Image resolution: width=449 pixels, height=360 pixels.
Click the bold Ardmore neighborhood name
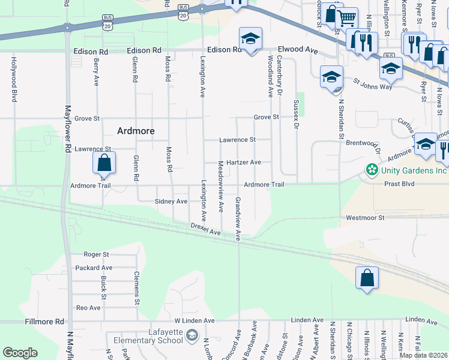click(x=136, y=131)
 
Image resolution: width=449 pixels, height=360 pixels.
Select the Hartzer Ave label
click(x=244, y=163)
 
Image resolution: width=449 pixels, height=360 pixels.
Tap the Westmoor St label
click(x=364, y=217)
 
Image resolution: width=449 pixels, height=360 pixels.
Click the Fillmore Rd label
click(x=44, y=322)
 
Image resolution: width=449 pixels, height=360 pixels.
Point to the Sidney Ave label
click(x=171, y=202)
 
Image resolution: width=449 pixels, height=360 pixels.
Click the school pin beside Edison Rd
click(x=250, y=40)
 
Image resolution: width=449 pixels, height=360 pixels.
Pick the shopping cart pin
click(x=347, y=19)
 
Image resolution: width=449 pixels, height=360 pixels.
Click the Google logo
click(x=20, y=352)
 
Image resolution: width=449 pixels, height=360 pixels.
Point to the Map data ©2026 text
click(x=423, y=355)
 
